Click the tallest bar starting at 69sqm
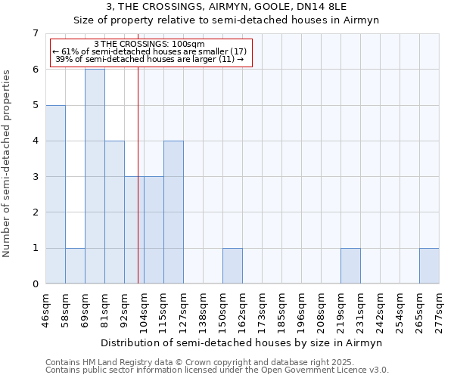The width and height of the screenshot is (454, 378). coord(95,176)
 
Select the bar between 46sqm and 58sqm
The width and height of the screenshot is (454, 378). coord(55,194)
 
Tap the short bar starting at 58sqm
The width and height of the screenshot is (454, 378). coord(75,266)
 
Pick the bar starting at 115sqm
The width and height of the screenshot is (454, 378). coord(173,212)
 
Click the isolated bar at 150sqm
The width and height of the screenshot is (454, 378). coord(232,266)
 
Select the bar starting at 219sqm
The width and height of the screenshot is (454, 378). coord(350,266)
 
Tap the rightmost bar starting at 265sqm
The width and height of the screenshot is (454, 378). coord(429,266)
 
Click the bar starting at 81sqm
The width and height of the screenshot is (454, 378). coord(114,212)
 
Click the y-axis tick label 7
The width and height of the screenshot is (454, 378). coord(35,33)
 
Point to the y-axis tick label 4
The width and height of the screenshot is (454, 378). coord(35,141)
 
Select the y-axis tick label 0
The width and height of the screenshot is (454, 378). coord(35,284)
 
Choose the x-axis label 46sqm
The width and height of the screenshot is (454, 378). coord(45,311)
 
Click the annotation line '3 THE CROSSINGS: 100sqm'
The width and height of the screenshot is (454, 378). coord(149,44)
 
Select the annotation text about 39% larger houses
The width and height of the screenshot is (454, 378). coord(149,59)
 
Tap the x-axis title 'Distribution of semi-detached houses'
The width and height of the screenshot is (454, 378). coord(242,342)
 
